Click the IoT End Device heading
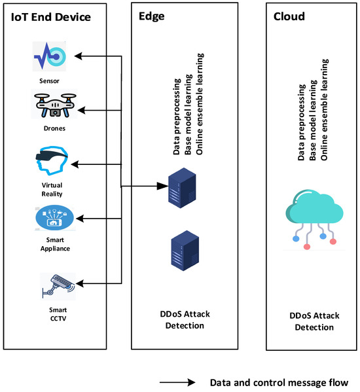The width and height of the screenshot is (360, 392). coord(51,18)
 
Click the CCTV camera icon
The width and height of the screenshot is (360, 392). coord(58,283)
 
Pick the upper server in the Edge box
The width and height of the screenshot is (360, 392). coord(180,187)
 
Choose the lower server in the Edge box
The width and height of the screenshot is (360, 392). coord(180,250)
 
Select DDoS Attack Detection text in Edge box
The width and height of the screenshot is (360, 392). coord(180,319)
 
